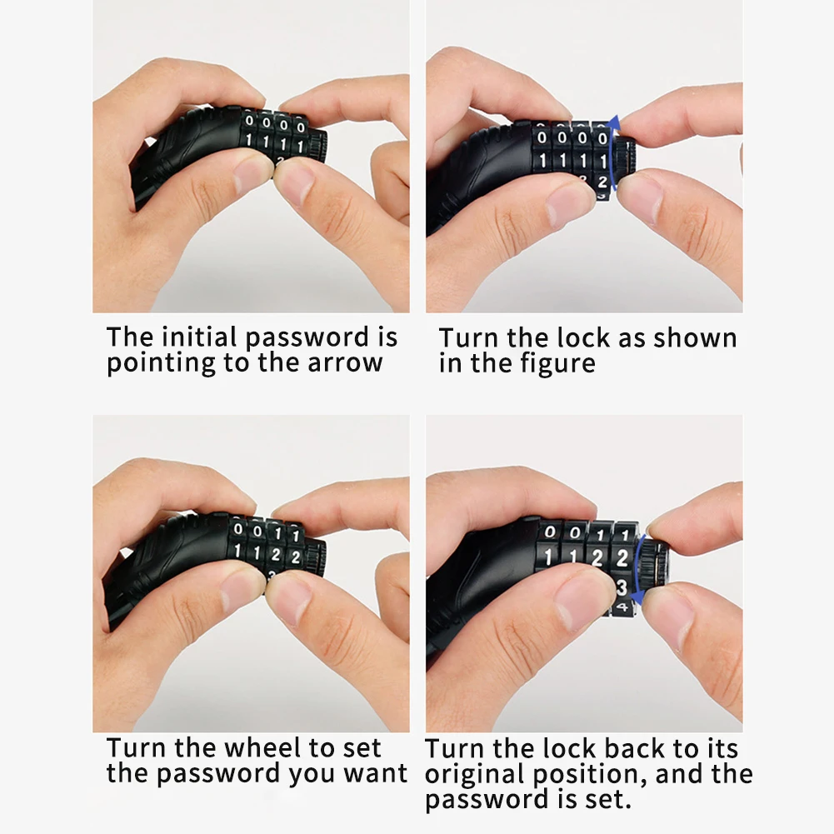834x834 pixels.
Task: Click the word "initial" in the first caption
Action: (x=199, y=337)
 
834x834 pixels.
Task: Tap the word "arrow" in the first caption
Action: (x=345, y=362)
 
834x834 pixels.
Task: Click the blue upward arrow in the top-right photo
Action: (x=612, y=154)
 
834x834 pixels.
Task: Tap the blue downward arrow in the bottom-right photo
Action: (x=637, y=569)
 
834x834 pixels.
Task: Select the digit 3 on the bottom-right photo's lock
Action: (x=622, y=587)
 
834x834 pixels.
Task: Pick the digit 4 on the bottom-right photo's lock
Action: (x=622, y=607)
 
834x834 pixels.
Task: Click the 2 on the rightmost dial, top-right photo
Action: (x=602, y=182)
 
